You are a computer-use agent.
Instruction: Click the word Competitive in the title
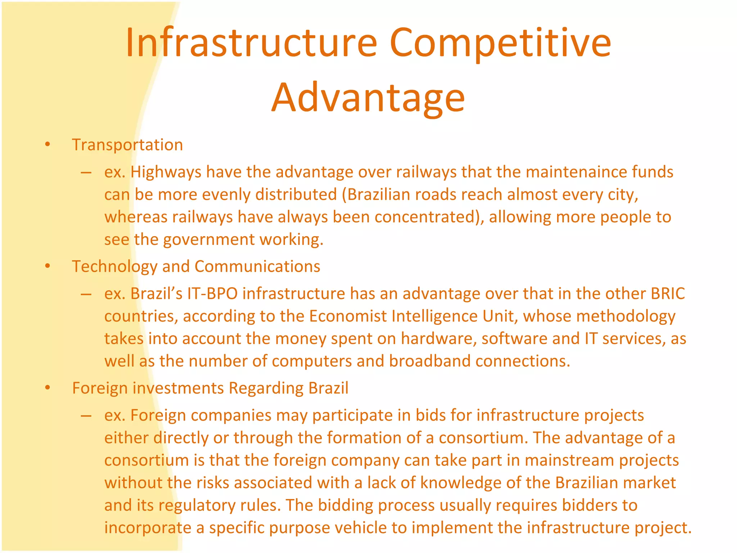tap(500, 43)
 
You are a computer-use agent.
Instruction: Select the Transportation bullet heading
tap(127, 145)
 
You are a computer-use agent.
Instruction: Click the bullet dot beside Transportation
tap(48, 145)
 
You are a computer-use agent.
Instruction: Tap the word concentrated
tap(425, 217)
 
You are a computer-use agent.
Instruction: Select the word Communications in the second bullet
tap(257, 266)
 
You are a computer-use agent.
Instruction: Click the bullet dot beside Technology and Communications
tap(48, 266)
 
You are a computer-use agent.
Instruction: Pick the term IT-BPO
tap(212, 293)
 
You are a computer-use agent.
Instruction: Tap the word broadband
tap(430, 361)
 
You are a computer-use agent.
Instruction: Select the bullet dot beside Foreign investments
tap(48, 388)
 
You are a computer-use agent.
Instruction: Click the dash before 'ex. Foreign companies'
tap(86, 415)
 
